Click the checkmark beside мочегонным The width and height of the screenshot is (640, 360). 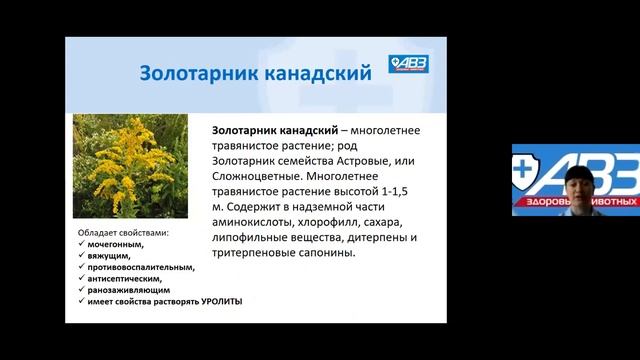[x=80, y=244]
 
